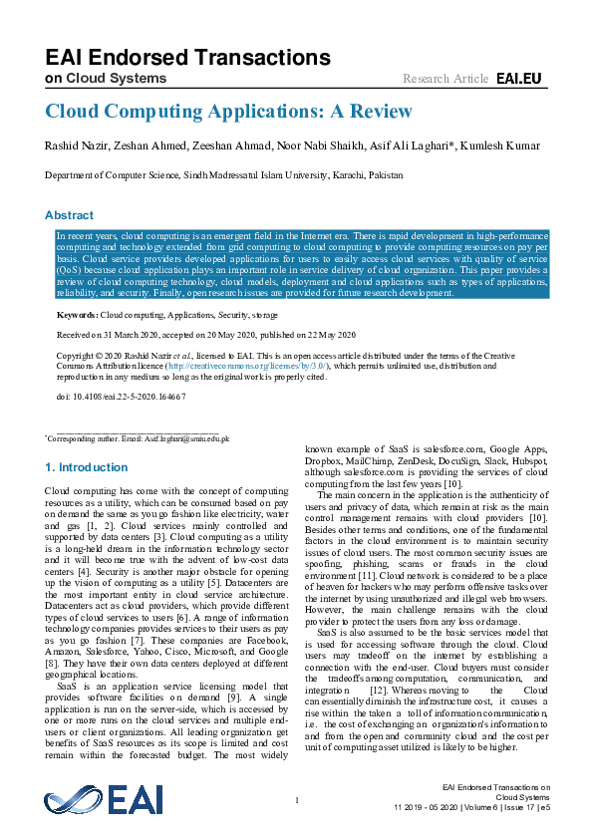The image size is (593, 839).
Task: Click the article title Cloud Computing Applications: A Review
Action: point(228,111)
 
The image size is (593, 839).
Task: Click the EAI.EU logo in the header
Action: point(518,78)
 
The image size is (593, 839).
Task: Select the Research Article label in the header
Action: point(445,78)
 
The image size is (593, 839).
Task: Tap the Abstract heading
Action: point(69,215)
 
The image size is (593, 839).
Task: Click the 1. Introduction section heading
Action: point(87,467)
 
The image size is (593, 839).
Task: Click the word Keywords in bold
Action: point(77,315)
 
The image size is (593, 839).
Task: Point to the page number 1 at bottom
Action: point(297,800)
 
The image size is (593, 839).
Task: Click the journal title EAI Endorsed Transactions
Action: point(187,57)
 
